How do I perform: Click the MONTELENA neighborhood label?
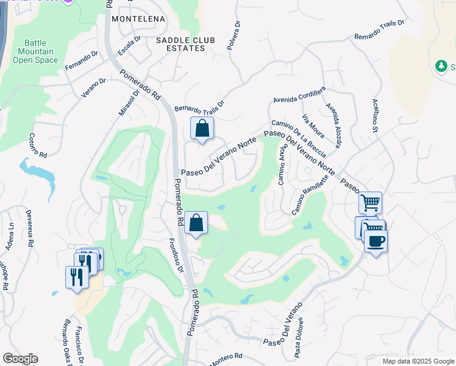click(139, 19)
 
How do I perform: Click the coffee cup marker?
click(376, 241)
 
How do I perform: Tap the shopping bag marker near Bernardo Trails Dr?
click(202, 129)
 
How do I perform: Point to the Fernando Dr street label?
click(81, 60)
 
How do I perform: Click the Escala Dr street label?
click(129, 45)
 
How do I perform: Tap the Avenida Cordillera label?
click(299, 96)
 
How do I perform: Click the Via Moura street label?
click(313, 126)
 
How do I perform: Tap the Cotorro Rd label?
click(38, 146)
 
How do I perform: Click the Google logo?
click(20, 359)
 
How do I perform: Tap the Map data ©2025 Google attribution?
click(418, 361)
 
